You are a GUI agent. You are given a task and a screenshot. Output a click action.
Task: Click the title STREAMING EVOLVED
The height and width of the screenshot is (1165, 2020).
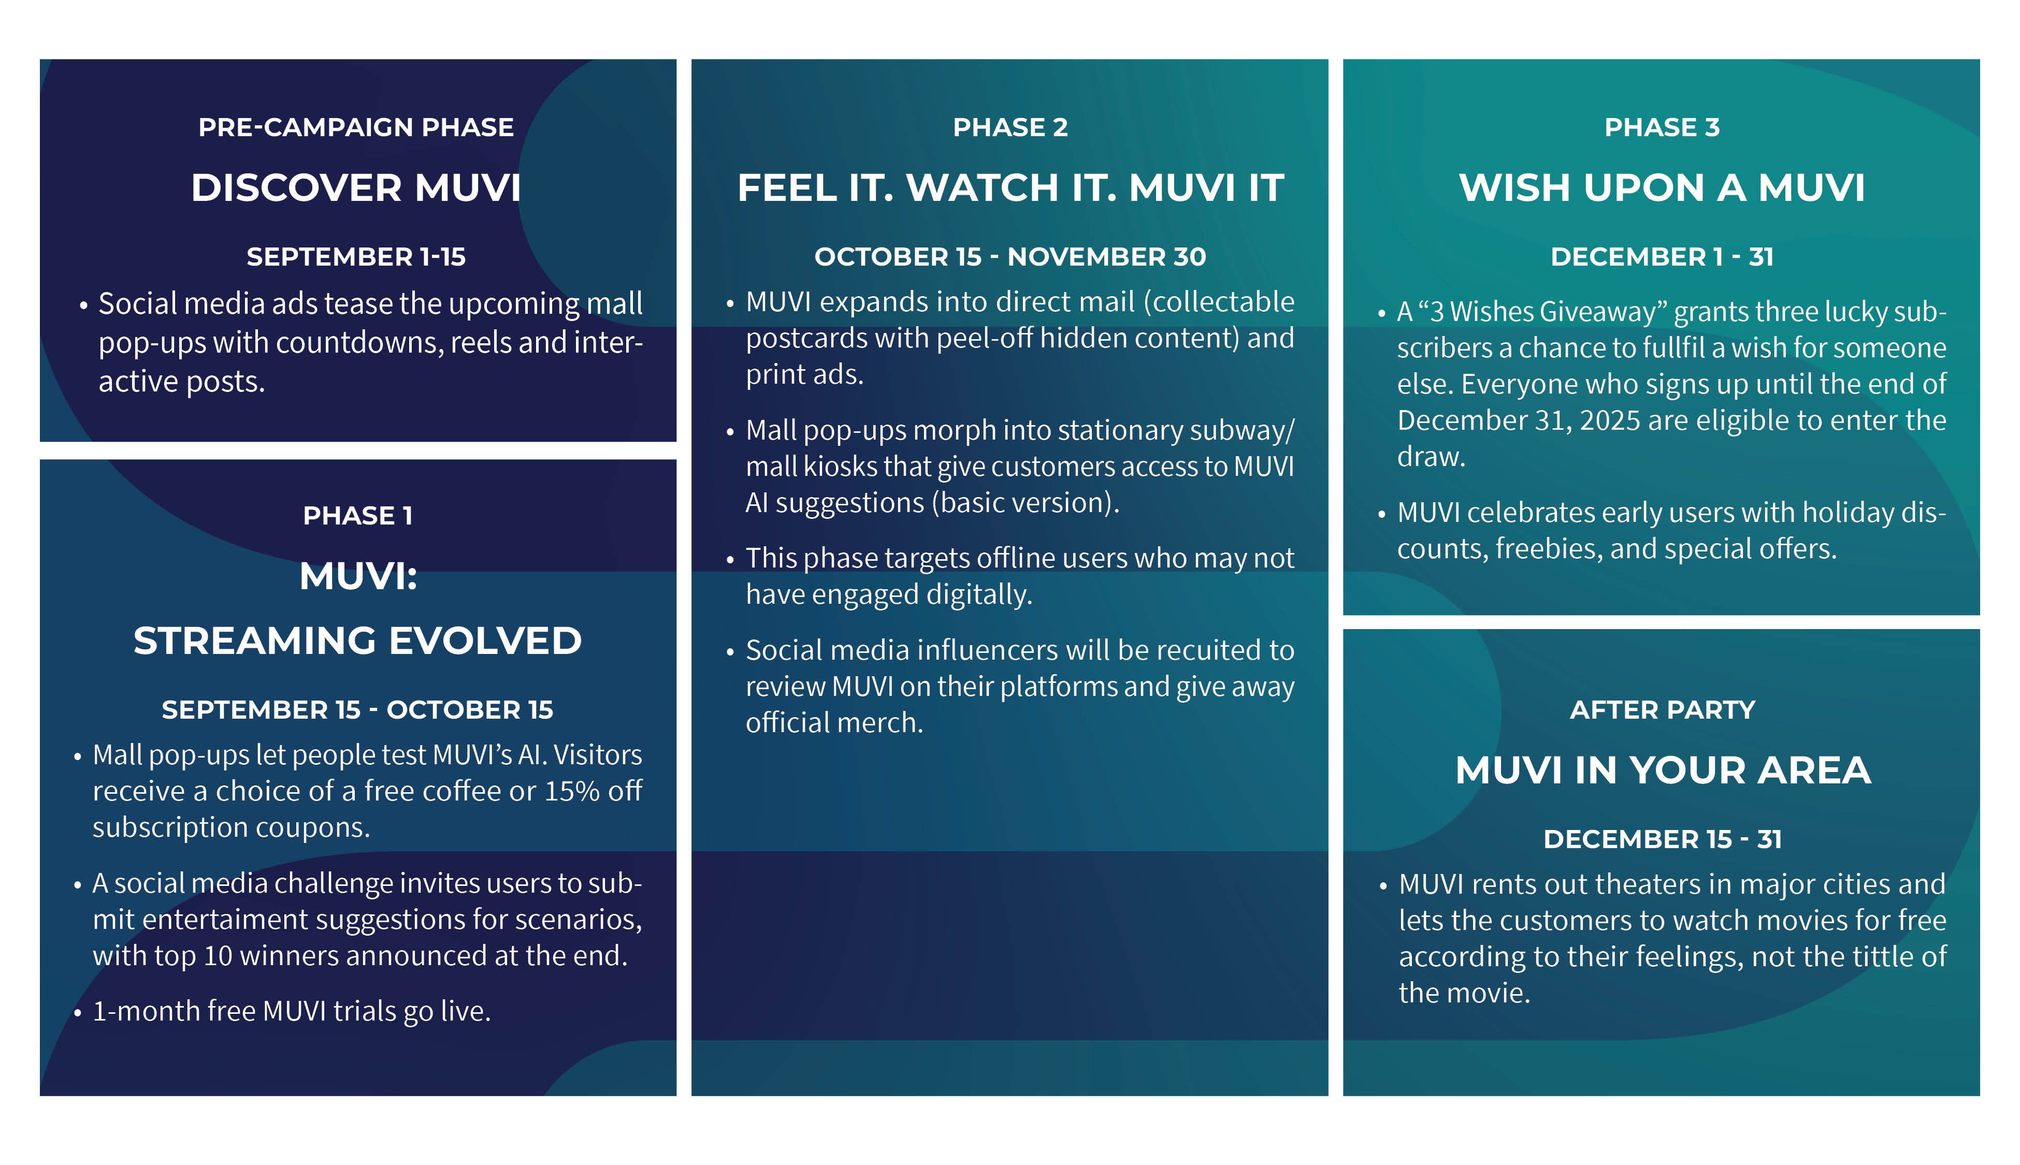358,641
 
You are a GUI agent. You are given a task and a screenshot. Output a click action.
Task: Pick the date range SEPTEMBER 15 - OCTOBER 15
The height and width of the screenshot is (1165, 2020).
358,710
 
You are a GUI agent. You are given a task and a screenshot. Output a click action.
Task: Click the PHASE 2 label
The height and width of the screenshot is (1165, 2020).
1010,127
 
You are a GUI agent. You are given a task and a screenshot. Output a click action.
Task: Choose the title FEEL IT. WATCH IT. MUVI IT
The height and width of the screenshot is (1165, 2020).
1010,188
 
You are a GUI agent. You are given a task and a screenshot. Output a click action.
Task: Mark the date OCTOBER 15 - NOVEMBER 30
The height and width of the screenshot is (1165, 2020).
1010,257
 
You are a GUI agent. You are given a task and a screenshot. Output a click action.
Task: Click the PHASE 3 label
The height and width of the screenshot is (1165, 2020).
1662,127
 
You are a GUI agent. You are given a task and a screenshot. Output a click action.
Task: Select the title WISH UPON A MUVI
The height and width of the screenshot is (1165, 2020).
1662,188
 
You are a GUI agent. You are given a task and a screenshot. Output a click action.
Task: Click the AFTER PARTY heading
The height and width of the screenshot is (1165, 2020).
1662,710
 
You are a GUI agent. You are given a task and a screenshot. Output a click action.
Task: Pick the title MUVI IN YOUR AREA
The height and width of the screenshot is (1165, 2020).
1662,770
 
